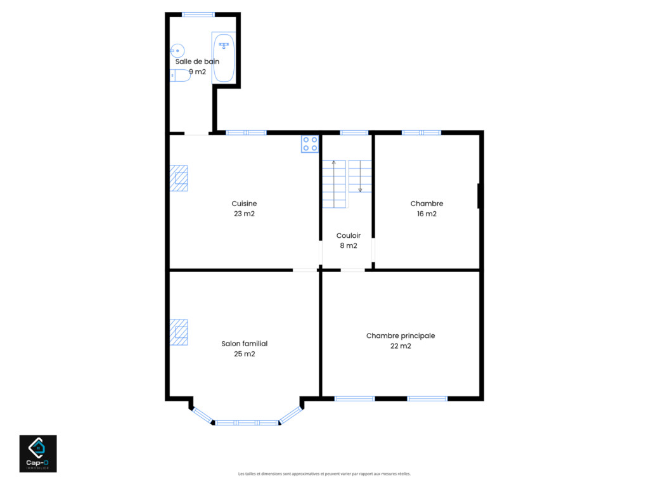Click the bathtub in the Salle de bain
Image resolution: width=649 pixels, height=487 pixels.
224,58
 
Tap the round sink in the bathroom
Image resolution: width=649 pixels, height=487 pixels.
177,51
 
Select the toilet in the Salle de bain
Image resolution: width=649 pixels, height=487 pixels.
180,75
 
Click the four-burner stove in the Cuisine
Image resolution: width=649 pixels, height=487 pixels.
310,144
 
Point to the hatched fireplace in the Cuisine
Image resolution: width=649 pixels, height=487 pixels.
179,178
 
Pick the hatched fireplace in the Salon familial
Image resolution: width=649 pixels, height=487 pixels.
179,332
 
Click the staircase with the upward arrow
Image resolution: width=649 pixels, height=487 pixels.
334,184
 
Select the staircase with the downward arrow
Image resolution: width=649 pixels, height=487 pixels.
360,176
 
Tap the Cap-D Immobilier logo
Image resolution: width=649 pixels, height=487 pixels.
38,453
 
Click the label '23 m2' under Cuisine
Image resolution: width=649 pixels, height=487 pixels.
244,214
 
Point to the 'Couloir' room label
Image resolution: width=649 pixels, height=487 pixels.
349,235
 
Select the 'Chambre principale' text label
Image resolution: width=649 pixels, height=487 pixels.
401,336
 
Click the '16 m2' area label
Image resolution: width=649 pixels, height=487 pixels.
427,214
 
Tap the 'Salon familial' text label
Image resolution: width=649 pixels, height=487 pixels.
245,344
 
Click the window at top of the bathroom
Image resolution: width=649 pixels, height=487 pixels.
198,15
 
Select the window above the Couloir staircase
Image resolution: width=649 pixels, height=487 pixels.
354,133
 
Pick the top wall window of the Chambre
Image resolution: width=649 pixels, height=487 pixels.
421,133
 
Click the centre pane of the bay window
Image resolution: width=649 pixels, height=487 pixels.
247,423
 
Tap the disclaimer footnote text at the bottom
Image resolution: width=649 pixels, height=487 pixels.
324,474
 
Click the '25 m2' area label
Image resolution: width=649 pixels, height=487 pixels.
245,354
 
